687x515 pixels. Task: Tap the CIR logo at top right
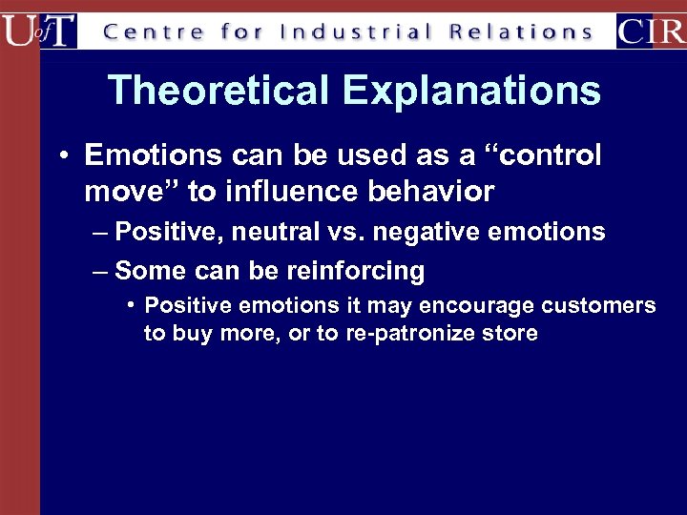pos(651,31)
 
